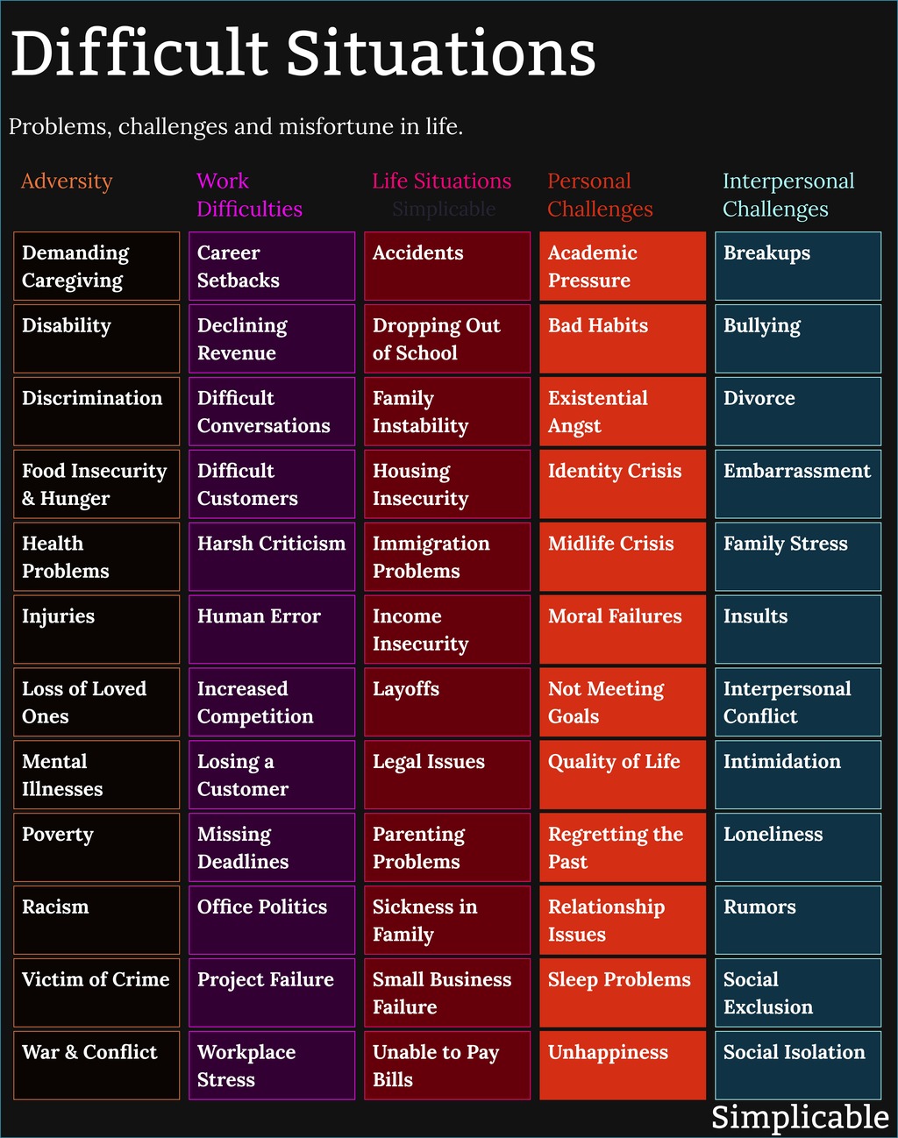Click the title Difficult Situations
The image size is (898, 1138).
pos(303,54)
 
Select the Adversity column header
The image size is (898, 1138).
pos(67,181)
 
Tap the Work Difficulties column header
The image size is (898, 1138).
pos(249,195)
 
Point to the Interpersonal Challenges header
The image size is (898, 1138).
pos(788,195)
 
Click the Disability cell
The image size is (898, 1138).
pos(96,338)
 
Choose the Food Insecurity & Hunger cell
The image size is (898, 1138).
pos(96,484)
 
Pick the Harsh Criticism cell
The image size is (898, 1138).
pos(272,557)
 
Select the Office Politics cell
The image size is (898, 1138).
pos(272,920)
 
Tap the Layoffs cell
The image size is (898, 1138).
pos(447,702)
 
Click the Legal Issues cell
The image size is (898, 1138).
pos(447,775)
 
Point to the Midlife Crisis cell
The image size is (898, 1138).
pos(623,557)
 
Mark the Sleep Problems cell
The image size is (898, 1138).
pos(623,992)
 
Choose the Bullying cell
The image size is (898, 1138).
pos(798,338)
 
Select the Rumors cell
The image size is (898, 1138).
pos(798,920)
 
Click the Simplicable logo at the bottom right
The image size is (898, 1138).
pos(799,1117)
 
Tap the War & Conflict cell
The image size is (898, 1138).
pos(96,1065)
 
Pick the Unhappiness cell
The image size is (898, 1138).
pos(623,1065)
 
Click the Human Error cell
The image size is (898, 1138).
pos(272,629)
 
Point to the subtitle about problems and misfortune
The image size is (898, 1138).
pos(235,127)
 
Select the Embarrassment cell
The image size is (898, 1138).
pos(798,484)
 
